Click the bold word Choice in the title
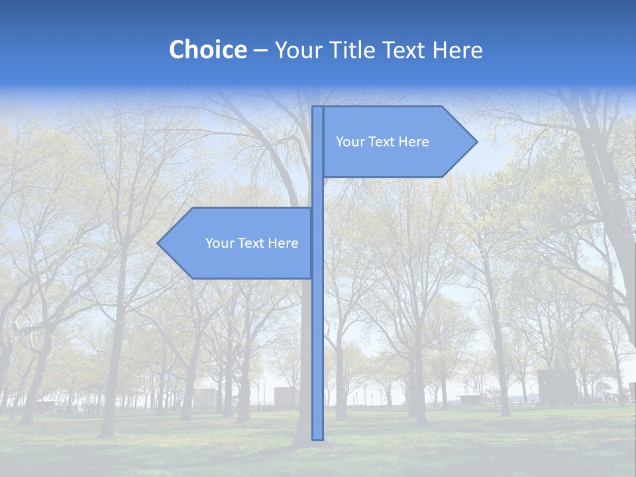[207, 50]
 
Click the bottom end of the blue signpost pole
[317, 438]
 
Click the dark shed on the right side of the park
[556, 387]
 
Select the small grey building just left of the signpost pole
[286, 397]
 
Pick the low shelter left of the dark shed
[470, 399]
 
